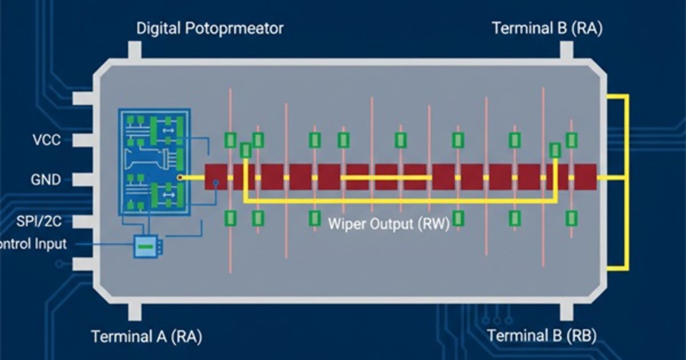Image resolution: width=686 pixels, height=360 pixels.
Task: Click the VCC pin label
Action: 45,140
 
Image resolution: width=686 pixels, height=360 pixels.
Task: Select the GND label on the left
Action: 45,180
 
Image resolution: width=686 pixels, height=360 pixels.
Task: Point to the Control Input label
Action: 32,245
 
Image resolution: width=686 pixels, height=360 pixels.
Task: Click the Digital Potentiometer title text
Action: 210,29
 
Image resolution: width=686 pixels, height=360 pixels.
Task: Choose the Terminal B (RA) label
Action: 547,29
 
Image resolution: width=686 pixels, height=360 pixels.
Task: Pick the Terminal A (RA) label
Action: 146,336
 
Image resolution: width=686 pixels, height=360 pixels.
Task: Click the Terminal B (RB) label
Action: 542,336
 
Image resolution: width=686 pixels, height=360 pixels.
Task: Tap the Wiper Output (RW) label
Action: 389,223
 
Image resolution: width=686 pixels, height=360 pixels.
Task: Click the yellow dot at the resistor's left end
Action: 180,178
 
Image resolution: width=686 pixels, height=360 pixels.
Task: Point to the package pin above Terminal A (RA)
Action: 135,311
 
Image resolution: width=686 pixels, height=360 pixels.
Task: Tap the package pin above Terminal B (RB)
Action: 566,311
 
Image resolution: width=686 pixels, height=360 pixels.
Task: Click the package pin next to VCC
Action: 83,140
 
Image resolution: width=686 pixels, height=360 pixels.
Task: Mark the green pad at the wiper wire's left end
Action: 245,150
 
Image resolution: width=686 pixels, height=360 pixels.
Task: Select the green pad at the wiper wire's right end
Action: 555,150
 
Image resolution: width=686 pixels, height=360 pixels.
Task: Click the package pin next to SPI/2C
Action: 83,222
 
